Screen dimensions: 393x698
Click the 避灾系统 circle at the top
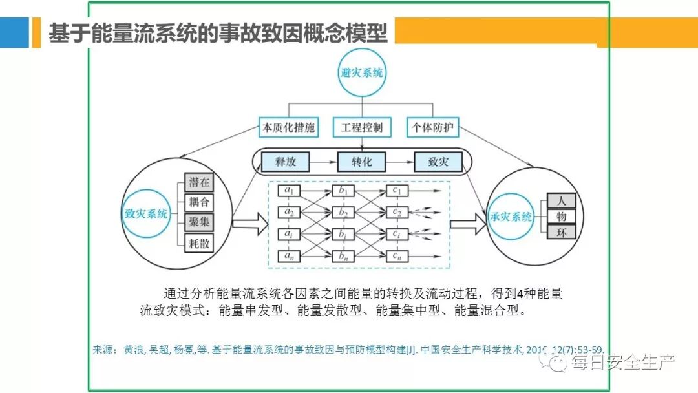361,72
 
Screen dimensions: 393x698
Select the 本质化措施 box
288,127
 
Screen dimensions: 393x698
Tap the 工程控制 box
361,127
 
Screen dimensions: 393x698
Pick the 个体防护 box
434,127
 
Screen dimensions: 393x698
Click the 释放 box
285,162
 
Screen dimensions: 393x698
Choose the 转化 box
361,162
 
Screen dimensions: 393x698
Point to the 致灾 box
439,162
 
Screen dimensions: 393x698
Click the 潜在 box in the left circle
199,182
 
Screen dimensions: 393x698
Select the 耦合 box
199,202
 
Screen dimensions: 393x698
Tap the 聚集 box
199,223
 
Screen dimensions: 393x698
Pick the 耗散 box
199,244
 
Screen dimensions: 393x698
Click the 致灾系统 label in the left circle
146,213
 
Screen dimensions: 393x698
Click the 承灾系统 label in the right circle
511,217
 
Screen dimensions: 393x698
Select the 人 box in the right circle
561,200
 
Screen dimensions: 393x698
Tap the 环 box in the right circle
561,232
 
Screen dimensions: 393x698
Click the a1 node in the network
290,191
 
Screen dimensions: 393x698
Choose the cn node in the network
397,256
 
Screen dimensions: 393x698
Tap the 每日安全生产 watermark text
622,364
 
